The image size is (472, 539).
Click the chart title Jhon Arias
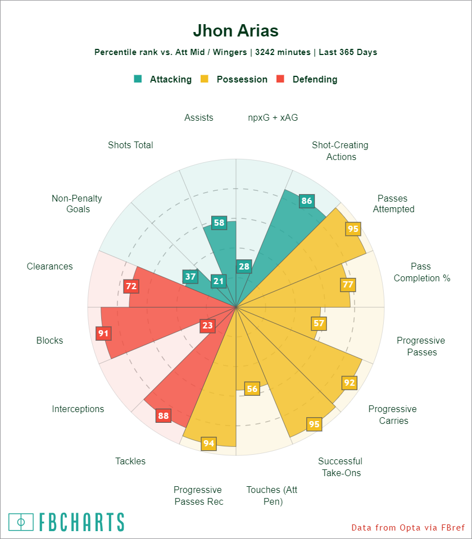pyautogui.click(x=235, y=30)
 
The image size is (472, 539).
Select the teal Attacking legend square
pyautogui.click(x=138, y=79)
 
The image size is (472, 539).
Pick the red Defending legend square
pyautogui.click(x=280, y=79)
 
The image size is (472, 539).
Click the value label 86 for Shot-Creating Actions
pyautogui.click(x=306, y=201)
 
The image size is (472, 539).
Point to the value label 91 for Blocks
pyautogui.click(x=103, y=334)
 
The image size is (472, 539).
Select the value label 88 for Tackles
pyautogui.click(x=164, y=416)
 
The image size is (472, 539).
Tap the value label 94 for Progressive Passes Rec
pyautogui.click(x=208, y=444)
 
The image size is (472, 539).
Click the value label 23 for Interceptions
pyautogui.click(x=207, y=326)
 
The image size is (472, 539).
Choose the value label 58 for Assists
pyautogui.click(x=219, y=223)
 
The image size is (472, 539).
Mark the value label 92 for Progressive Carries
pyautogui.click(x=350, y=383)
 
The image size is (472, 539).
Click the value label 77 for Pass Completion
pyautogui.click(x=348, y=285)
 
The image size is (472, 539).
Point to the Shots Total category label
pyautogui.click(x=130, y=145)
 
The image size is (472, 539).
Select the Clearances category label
pyautogui.click(x=49, y=266)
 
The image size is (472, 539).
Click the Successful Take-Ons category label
pyautogui.click(x=341, y=467)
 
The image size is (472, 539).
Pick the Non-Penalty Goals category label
pyautogui.click(x=76, y=204)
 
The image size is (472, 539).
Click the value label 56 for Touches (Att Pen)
pyautogui.click(x=252, y=389)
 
